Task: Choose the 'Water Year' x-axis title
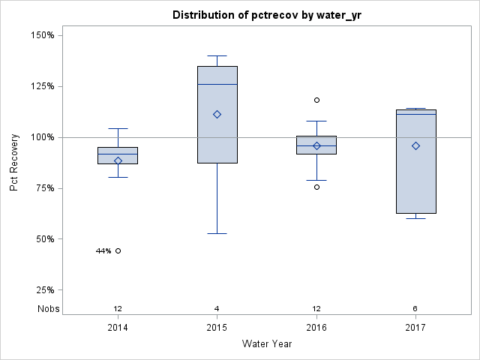(266, 344)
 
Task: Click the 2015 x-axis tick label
(217, 328)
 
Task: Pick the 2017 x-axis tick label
(415, 328)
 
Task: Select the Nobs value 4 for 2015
(217, 309)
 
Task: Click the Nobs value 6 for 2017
(415, 309)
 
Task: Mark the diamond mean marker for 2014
(118, 160)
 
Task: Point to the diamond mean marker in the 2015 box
(217, 114)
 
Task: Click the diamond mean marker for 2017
(415, 145)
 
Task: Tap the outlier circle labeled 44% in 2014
(118, 250)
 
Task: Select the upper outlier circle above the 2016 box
(316, 100)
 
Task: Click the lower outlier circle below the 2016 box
(316, 187)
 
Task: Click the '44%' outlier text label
(103, 251)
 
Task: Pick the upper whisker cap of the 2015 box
(217, 55)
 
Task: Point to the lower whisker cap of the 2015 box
(217, 233)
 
